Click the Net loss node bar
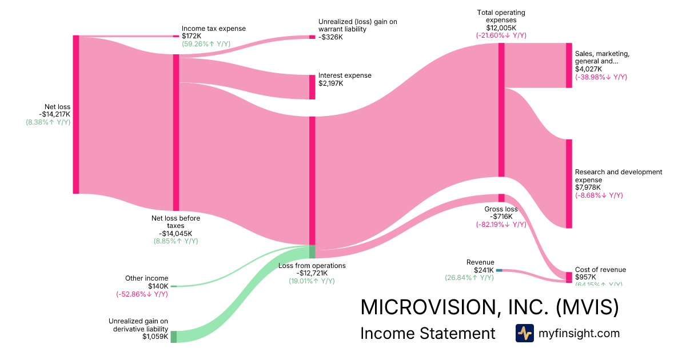point(76,114)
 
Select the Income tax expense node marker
point(176,36)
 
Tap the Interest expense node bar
point(312,87)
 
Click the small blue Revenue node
point(499,270)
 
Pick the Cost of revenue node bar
point(569,277)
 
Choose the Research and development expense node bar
point(569,183)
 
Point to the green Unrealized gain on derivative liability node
point(174,337)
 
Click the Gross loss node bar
point(501,198)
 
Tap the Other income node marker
point(174,286)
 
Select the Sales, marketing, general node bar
point(569,65)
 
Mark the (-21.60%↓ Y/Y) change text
point(501,35)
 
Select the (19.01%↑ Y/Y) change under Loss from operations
point(312,281)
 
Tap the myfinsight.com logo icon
point(524,333)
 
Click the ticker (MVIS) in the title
point(587,307)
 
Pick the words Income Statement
point(428,333)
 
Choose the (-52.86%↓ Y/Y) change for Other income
point(142,294)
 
